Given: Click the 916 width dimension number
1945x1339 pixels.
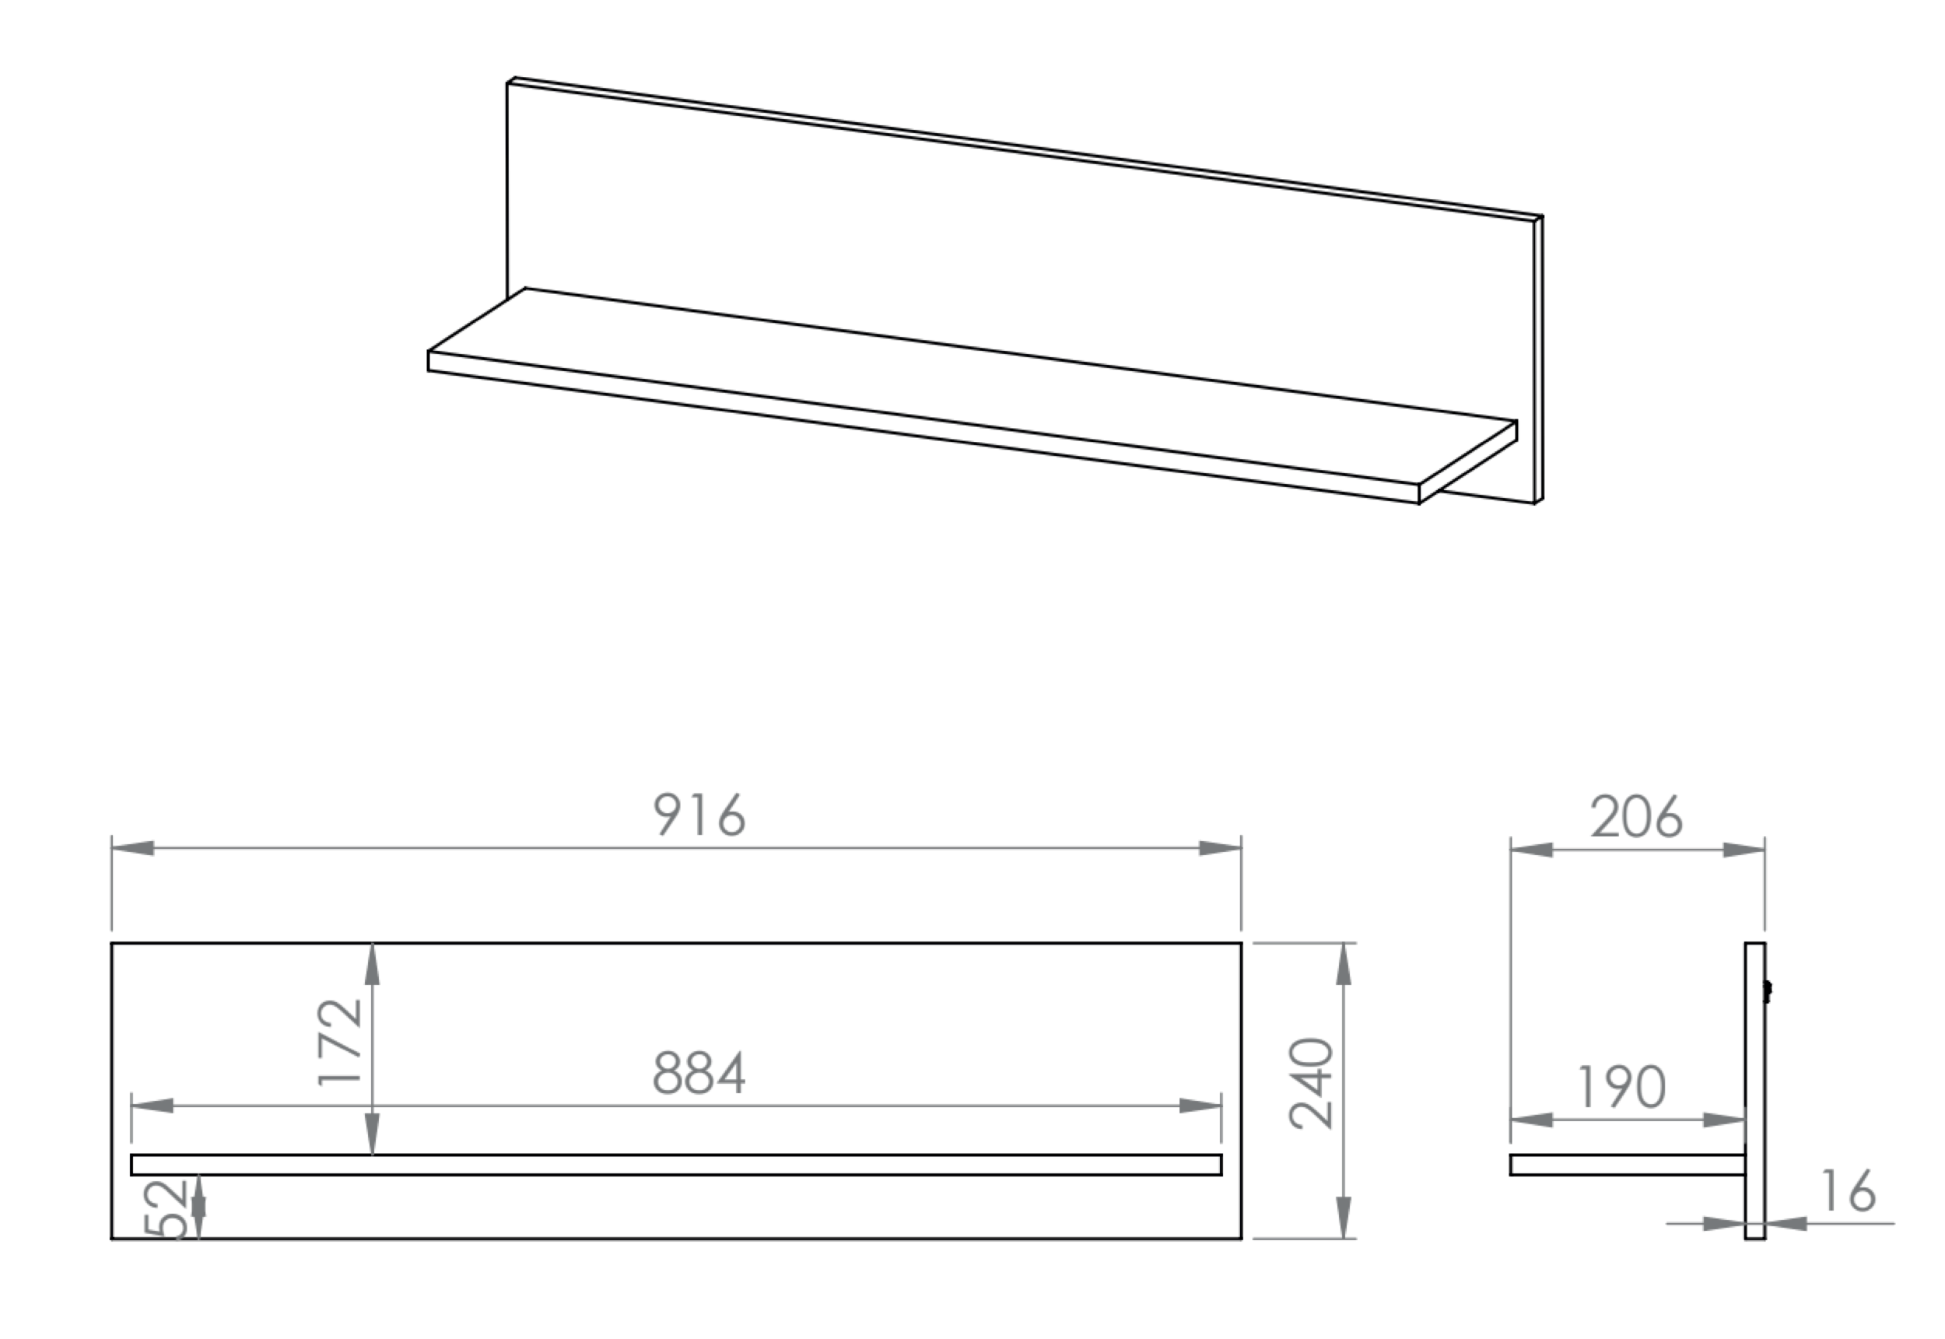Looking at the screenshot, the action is [x=699, y=815].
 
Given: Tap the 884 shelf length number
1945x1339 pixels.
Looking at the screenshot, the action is [x=699, y=1073].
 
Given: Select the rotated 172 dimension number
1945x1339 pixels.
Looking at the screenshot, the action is [x=342, y=1043].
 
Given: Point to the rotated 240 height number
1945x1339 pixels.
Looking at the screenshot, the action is [x=1311, y=1083].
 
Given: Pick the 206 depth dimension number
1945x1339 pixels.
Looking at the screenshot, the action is [x=1636, y=816].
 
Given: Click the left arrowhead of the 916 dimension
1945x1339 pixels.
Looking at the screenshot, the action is [x=132, y=848].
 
